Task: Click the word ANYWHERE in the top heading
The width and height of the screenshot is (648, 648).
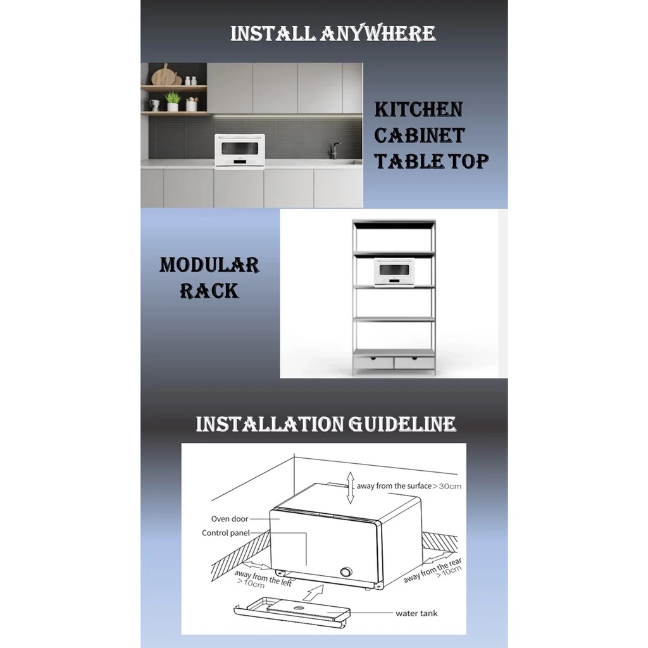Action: [378, 33]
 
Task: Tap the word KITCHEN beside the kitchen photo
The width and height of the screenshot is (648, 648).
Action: [418, 109]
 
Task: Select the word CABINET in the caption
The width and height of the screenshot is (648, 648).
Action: [419, 135]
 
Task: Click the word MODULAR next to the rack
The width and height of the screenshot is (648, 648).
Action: [209, 265]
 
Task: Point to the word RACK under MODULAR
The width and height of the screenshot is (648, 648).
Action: [209, 290]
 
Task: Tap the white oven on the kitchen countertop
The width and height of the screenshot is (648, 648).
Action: [240, 151]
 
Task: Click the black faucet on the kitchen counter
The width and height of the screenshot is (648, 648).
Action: [335, 150]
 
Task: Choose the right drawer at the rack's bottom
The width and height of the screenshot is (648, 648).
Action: [414, 363]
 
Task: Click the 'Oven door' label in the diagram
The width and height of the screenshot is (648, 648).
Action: [230, 519]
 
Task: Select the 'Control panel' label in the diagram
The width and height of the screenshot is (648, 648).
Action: [226, 533]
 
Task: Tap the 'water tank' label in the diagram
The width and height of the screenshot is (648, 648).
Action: [416, 613]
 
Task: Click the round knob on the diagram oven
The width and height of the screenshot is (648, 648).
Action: [346, 573]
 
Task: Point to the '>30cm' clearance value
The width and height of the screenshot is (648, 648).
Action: [447, 486]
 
